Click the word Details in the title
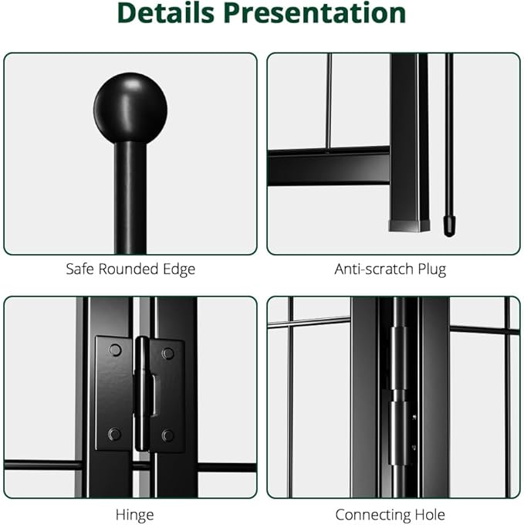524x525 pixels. point(166,13)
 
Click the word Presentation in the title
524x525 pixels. point(315,13)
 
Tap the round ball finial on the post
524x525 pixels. point(130,108)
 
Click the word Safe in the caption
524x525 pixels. point(80,269)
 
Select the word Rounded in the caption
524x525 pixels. point(128,269)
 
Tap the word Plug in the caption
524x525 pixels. point(432,269)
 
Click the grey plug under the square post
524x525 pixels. point(409,225)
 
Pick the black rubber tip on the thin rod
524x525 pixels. point(449,226)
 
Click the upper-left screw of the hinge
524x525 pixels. point(115,350)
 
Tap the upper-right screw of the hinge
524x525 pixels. point(167,354)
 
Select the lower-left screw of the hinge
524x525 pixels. point(114,434)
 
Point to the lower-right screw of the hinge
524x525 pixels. point(167,435)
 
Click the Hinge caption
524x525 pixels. point(134,515)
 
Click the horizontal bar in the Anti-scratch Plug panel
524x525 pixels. point(329,167)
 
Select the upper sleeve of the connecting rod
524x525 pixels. point(398,358)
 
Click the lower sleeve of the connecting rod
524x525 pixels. point(398,433)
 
